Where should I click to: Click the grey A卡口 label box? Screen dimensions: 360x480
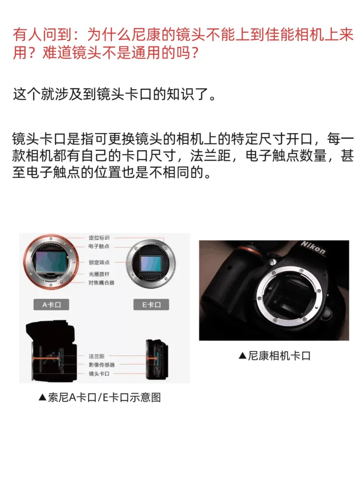click(51, 304)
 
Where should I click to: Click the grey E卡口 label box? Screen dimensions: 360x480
click(151, 304)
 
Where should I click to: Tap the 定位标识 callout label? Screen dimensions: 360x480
click(99, 238)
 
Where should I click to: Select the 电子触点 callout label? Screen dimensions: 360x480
click(99, 246)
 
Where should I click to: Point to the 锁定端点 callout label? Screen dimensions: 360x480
click(99, 263)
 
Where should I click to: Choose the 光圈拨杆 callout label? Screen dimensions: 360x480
click(99, 274)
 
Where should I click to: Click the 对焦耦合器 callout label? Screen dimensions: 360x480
click(102, 282)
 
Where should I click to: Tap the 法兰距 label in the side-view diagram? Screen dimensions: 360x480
click(97, 356)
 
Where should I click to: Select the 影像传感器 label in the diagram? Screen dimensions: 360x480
click(102, 365)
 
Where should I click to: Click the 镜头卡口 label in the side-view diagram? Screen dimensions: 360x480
click(99, 373)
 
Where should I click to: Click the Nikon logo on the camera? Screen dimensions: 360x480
click(313, 248)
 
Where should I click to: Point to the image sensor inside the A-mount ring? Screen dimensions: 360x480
click(51, 262)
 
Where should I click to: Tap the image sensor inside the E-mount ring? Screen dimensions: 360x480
click(151, 264)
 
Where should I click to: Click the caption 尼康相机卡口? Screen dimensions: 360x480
click(274, 356)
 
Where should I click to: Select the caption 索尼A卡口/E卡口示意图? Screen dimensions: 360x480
click(100, 397)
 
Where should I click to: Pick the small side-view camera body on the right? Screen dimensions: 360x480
click(157, 359)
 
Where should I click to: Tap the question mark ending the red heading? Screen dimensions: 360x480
click(194, 53)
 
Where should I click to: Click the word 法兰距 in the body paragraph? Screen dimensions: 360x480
click(210, 155)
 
